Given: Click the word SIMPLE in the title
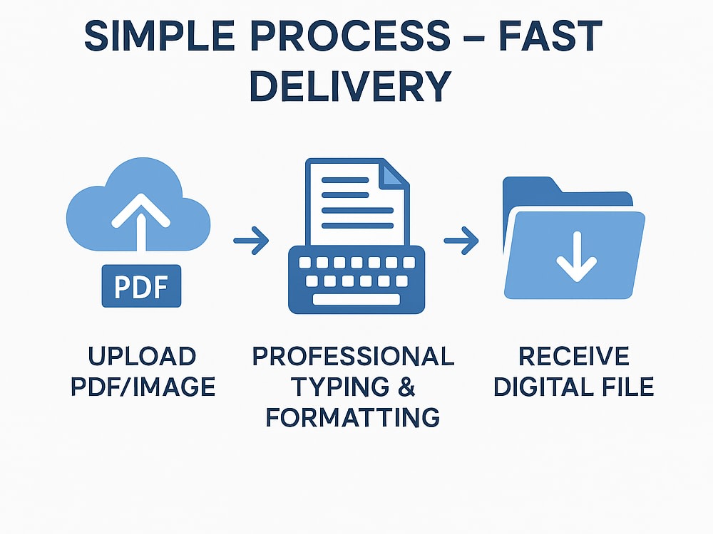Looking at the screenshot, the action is click(x=160, y=36).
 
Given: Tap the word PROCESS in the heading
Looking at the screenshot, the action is click(x=351, y=36).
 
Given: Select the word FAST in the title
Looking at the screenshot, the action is click(x=550, y=36).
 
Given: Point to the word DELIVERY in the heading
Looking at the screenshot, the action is click(x=351, y=86).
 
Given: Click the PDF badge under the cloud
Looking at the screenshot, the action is click(x=141, y=286).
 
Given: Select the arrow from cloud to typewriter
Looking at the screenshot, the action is click(x=251, y=240).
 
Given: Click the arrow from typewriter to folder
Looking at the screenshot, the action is click(x=461, y=240).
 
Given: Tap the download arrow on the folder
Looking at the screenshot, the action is click(x=577, y=256).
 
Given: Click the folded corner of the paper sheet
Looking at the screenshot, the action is click(x=392, y=175).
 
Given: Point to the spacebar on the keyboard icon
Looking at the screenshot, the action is click(x=356, y=299).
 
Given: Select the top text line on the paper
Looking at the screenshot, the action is click(x=345, y=180).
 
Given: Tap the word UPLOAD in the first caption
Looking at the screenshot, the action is click(x=142, y=357).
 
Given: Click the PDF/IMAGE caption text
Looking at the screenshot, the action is click(x=143, y=387).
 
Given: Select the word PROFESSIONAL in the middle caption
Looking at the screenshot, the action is click(x=354, y=357).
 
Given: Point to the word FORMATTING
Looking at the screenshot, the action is click(x=353, y=417).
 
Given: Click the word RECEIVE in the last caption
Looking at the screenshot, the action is click(x=574, y=357).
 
